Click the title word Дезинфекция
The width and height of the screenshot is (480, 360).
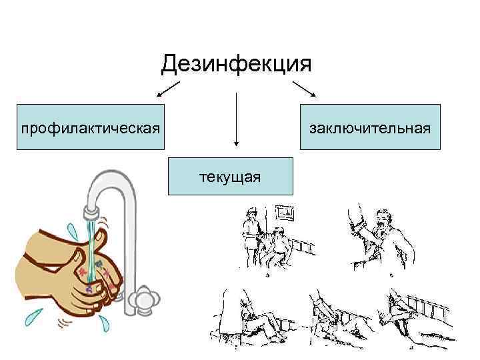[237, 65]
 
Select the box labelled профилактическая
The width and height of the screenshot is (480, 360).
[90, 127]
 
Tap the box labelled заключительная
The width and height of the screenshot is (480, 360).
[370, 127]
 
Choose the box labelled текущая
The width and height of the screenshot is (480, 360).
[230, 176]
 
